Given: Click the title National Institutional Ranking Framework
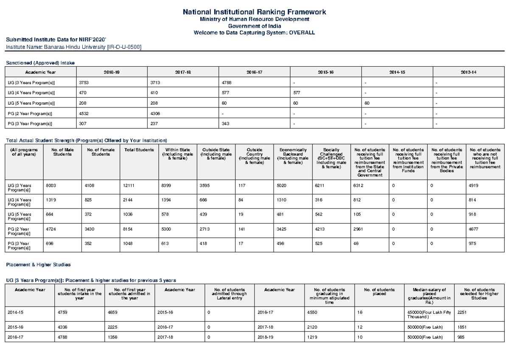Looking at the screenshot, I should (x=254, y=12).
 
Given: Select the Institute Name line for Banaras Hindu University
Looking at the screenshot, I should (x=73, y=47).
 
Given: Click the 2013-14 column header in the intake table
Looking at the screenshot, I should (x=468, y=72).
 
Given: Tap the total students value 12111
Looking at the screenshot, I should (x=129, y=186).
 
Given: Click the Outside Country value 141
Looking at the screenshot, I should (x=242, y=229).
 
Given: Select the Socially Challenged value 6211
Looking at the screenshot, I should (x=321, y=186).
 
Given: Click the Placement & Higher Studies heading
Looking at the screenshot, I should (x=38, y=264).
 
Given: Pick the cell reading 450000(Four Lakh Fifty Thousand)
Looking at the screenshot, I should (x=429, y=315).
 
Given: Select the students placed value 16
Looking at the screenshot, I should (x=360, y=312).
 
